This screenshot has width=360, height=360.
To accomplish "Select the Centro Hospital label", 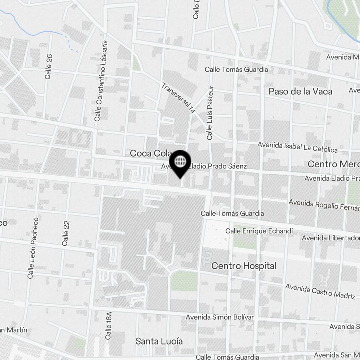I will coord(244,266).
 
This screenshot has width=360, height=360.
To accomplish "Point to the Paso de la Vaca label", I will coord(300,91).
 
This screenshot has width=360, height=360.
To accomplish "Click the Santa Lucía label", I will coord(159,341).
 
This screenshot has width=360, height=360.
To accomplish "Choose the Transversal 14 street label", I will coord(178,98).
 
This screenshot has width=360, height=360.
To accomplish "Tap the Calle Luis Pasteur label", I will coord(210,113).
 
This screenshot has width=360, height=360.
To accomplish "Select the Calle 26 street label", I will coord(49,67).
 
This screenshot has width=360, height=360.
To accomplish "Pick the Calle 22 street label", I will coord(66,233).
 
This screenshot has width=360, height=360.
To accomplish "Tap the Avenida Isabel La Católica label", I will coord(297,147).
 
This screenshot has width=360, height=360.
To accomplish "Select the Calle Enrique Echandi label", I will coord(259,231).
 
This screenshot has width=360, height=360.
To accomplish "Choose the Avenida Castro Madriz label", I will coord(320,291).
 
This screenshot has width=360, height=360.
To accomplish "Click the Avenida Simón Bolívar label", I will coord(220,317).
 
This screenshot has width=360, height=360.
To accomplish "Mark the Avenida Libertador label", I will coord(330,238).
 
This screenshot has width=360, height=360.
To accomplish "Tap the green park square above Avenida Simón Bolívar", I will coord(184,281).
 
